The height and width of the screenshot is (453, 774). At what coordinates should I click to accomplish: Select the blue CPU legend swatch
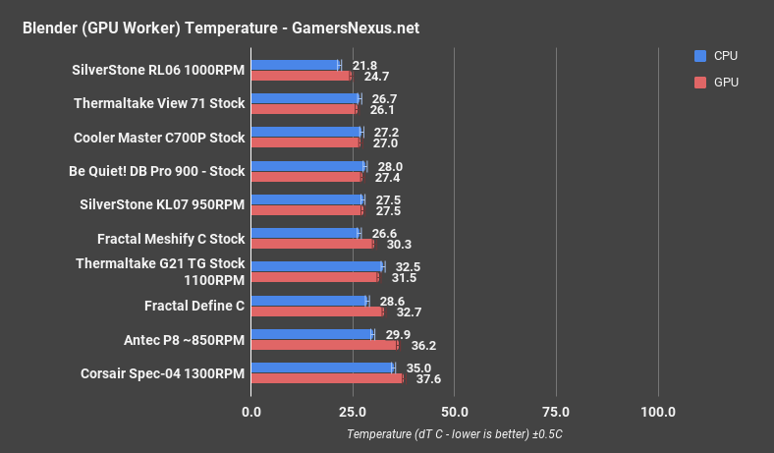click(699, 56)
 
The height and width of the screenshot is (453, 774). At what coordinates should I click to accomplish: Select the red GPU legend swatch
click(699, 83)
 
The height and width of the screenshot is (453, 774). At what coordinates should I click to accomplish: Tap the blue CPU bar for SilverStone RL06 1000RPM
click(295, 65)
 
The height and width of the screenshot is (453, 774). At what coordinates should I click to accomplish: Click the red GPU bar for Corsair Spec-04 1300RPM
click(327, 378)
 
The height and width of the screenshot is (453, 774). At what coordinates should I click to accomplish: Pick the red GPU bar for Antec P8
click(324, 345)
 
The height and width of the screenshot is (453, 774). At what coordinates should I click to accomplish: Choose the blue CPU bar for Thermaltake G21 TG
click(317, 266)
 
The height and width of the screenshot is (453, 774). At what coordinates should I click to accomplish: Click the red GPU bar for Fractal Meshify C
click(312, 243)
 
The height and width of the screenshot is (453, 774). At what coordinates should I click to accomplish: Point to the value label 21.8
click(364, 65)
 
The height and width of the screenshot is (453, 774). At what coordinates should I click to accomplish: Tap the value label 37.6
click(429, 379)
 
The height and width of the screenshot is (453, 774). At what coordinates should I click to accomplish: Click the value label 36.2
click(423, 346)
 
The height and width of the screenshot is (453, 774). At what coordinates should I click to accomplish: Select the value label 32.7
click(410, 311)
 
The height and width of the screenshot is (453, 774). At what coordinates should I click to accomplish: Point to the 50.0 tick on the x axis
click(454, 411)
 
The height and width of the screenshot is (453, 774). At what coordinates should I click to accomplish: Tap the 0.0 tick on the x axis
click(251, 411)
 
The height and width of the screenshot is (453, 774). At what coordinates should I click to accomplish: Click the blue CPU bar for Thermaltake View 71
click(304, 98)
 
